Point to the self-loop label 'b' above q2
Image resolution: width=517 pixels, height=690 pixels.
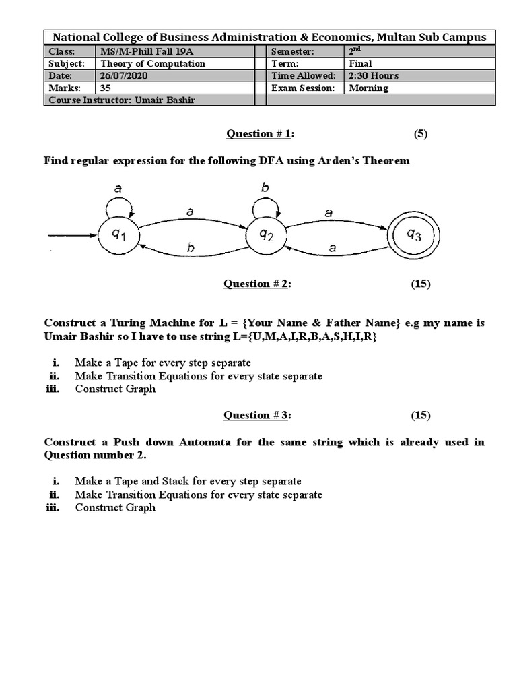(265, 188)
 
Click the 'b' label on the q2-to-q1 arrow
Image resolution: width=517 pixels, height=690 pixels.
(191, 249)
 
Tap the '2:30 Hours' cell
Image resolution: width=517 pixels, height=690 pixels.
(374, 76)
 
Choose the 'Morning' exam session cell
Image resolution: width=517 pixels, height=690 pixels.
(369, 88)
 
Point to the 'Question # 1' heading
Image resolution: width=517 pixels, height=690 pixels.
(260, 133)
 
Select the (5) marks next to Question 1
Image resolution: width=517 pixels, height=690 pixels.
(421, 133)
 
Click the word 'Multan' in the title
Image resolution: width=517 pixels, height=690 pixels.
(402, 37)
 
